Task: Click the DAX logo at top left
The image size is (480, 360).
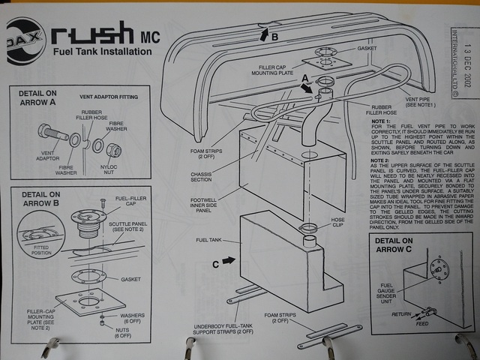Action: (x=22, y=42)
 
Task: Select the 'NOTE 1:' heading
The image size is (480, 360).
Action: (x=383, y=121)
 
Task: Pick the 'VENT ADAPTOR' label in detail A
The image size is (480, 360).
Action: (x=46, y=162)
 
